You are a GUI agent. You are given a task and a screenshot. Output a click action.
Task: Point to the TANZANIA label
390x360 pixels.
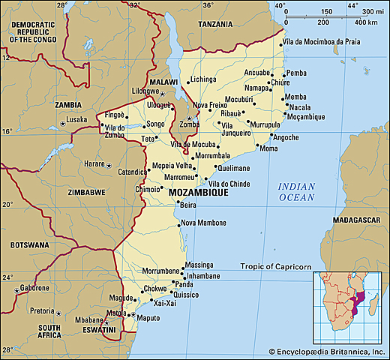(217, 24)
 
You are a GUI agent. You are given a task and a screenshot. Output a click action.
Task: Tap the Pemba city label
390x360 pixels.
(297, 73)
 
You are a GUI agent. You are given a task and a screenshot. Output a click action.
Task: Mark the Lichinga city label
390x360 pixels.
(202, 79)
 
